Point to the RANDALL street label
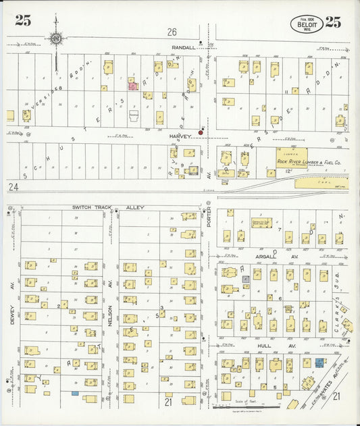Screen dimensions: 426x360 click(x=184, y=48)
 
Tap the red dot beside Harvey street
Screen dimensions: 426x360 click(x=201, y=133)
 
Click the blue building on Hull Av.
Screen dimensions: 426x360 click(x=319, y=363)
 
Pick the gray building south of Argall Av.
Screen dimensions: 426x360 click(x=246, y=278)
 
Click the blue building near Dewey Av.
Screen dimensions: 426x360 click(x=74, y=393)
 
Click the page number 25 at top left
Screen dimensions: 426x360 click(x=22, y=21)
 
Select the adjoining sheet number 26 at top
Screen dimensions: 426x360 click(x=172, y=32)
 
